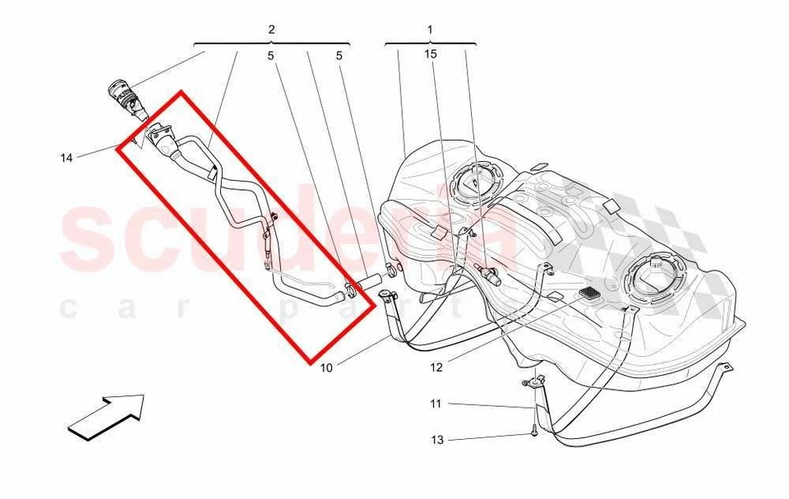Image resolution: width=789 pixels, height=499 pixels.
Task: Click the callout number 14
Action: [x=67, y=157]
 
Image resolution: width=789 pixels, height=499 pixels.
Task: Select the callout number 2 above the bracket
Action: [x=271, y=30]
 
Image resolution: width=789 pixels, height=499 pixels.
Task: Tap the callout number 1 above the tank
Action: [x=430, y=30]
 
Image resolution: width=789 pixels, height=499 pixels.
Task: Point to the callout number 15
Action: [x=431, y=54]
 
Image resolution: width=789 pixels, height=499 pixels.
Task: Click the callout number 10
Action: [x=327, y=367]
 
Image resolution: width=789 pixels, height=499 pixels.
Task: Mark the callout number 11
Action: [x=436, y=404]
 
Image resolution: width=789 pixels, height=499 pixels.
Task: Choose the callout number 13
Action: [x=436, y=440]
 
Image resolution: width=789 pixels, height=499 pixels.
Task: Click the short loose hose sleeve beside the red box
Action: [x=369, y=281]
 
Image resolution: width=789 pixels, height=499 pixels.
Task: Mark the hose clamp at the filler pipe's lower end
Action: [x=349, y=289]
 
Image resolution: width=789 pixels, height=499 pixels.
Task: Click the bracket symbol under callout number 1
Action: [x=430, y=43]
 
